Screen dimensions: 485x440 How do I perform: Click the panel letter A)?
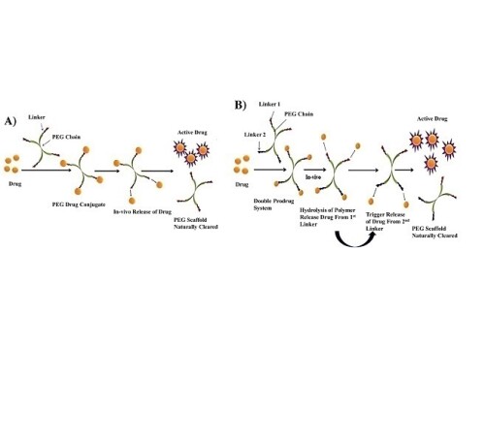click(10, 121)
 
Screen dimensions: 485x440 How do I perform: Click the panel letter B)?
click(241, 105)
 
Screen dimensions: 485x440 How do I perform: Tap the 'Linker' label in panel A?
click(37, 117)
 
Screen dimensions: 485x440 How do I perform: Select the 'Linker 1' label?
click(270, 105)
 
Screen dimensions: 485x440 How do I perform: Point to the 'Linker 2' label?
click(255, 135)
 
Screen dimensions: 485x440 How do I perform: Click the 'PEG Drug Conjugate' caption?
click(79, 204)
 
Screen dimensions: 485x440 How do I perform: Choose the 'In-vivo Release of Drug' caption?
click(143, 212)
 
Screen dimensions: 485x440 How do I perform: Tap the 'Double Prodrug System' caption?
click(274, 204)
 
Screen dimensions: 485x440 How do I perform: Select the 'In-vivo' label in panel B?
click(313, 177)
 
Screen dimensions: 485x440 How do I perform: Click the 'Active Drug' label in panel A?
click(192, 133)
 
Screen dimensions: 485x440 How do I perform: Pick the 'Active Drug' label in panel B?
click(433, 119)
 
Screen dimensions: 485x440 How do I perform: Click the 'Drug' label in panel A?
click(16, 184)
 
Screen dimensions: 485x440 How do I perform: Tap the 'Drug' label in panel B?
click(242, 185)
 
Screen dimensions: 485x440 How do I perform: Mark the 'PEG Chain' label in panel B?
click(299, 114)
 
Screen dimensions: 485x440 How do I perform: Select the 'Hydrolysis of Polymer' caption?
click(328, 210)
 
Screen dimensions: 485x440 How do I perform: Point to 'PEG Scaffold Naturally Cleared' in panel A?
click(196, 224)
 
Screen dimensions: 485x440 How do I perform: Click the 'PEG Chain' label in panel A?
click(66, 137)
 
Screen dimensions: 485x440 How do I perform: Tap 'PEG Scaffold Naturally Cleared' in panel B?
click(435, 233)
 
